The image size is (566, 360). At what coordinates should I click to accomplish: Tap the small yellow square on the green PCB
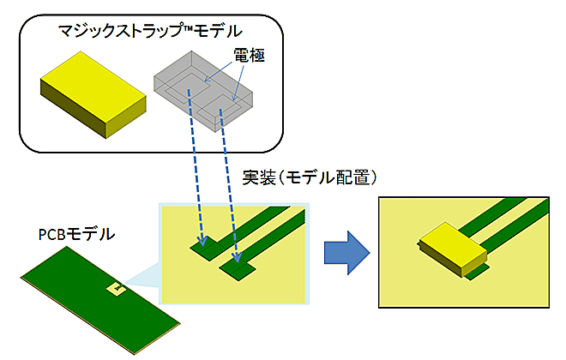(114, 290)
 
